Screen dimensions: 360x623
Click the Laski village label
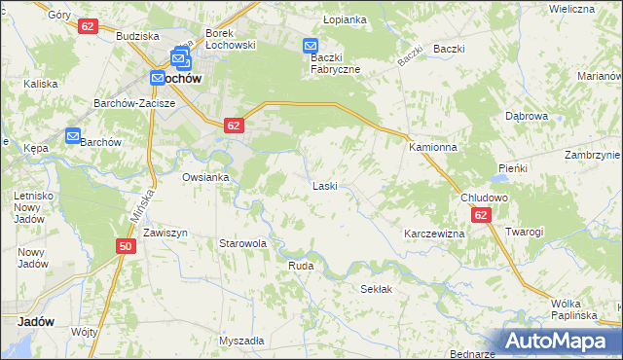324,185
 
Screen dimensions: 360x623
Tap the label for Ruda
301,264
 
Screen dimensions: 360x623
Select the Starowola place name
242,243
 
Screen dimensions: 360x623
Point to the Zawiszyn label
165,234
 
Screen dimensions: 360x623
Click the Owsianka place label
205,177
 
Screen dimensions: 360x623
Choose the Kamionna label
432,147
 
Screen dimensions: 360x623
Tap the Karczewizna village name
434,234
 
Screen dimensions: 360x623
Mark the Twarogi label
524,232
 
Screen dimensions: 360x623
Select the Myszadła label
241,341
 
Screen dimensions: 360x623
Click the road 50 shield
126,247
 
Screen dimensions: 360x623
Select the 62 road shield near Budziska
88,26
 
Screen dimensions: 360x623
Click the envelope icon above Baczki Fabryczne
310,46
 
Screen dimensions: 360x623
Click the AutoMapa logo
560,342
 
